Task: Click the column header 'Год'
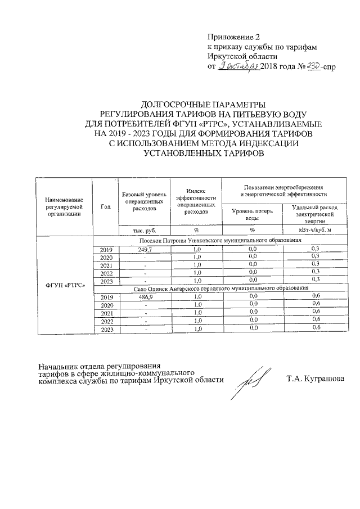coord(105,206)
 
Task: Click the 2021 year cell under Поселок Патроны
coord(106,264)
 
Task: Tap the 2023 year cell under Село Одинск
coord(106,328)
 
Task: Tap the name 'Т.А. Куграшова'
coord(316,378)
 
